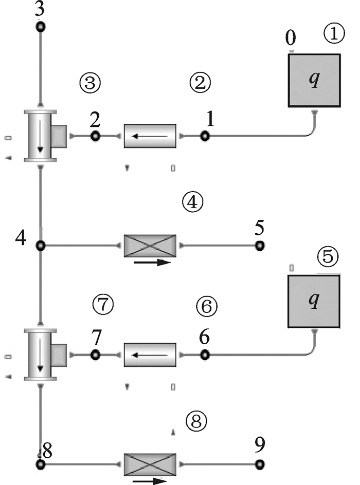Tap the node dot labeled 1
(x=205, y=136)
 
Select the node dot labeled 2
(x=95, y=136)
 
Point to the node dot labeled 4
(x=41, y=246)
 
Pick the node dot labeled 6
(x=205, y=355)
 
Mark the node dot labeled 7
(x=95, y=355)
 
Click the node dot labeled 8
(x=41, y=464)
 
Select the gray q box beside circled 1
(x=313, y=81)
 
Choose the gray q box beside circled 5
(x=313, y=301)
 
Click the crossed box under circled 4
(x=150, y=246)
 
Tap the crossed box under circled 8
(x=150, y=464)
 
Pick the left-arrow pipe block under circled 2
(x=150, y=136)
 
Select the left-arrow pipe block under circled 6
(x=150, y=355)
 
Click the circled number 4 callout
(x=192, y=202)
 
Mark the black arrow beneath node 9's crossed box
(x=149, y=481)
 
